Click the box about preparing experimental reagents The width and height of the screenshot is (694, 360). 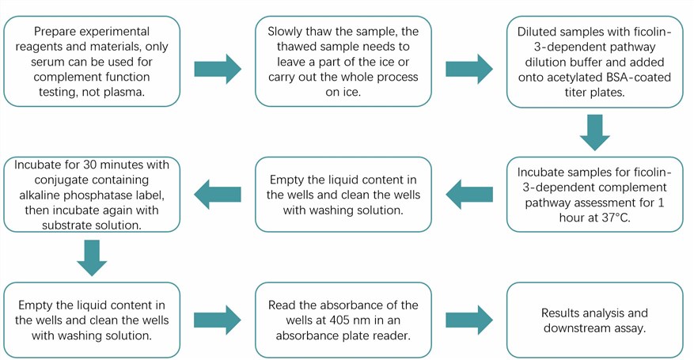tap(93, 61)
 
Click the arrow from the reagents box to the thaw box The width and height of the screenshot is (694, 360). tap(218, 68)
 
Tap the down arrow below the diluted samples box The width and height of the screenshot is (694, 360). tap(595, 131)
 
